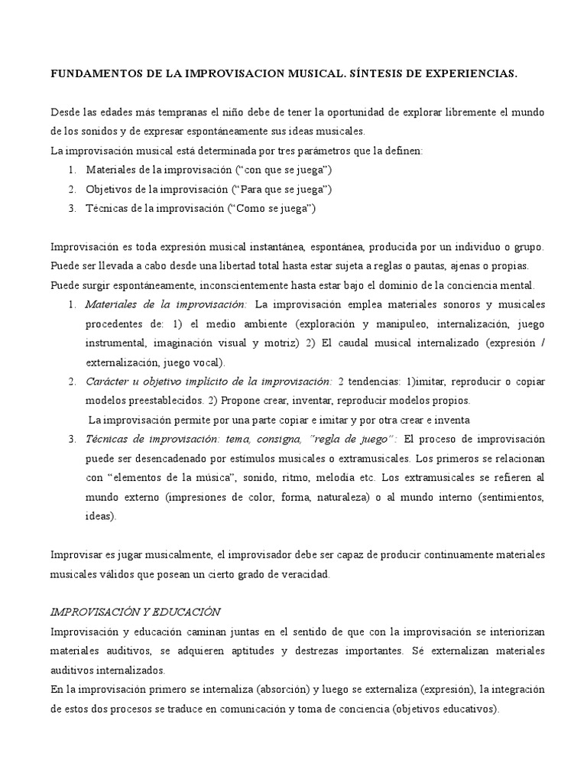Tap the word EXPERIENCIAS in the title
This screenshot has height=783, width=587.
pyautogui.click(x=470, y=74)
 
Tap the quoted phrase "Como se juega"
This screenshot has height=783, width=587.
pyautogui.click(x=271, y=208)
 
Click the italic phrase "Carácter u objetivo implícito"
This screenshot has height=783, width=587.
pyautogui.click(x=176, y=381)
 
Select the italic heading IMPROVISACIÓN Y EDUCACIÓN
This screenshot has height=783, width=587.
pyautogui.click(x=135, y=612)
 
